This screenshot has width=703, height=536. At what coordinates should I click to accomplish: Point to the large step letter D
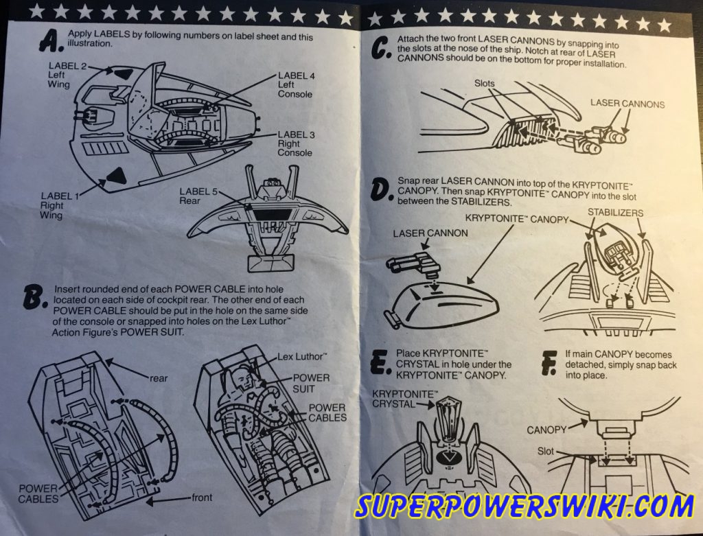pyautogui.click(x=382, y=190)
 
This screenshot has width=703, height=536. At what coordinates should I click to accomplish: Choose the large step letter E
pyautogui.click(x=379, y=362)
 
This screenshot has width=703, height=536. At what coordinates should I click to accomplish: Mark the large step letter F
pyautogui.click(x=549, y=362)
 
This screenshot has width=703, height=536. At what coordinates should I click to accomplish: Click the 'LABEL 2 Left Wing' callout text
pyautogui.click(x=63, y=75)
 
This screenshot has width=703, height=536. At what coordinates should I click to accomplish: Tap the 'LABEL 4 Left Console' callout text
pyautogui.click(x=296, y=84)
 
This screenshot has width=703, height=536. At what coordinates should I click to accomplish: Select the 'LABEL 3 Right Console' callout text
pyautogui.click(x=296, y=144)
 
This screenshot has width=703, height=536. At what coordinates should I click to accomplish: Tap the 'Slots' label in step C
pyautogui.click(x=485, y=83)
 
